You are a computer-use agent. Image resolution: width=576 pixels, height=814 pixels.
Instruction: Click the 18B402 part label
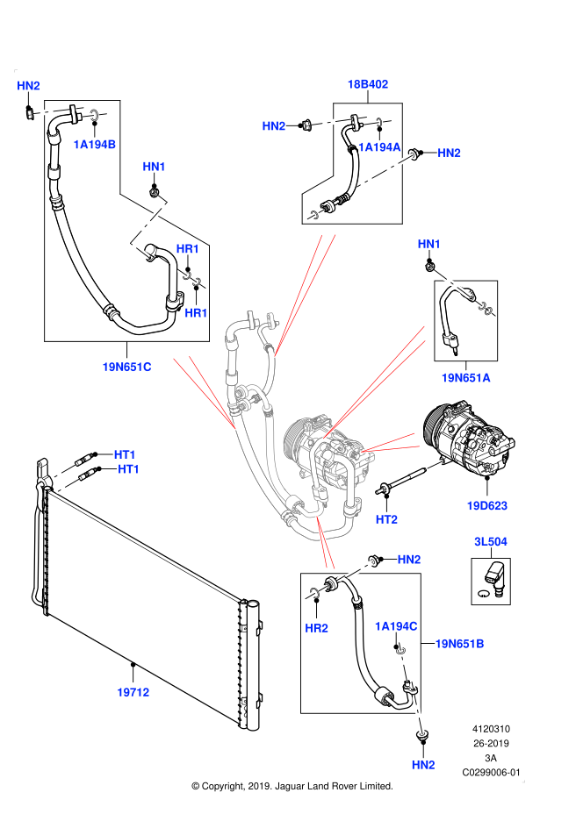[x=367, y=84]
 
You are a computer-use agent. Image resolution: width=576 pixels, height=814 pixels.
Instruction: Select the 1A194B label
[x=95, y=145]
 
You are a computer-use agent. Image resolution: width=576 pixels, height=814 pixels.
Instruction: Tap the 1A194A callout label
[x=379, y=147]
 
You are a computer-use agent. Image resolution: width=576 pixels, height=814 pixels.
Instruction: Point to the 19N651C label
[x=126, y=368]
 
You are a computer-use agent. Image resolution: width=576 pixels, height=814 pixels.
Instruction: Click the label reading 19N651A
[x=465, y=378]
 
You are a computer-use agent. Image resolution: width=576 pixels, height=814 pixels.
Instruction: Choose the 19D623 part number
[x=486, y=506]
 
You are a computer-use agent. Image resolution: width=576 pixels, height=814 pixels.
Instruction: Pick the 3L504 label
[x=490, y=542]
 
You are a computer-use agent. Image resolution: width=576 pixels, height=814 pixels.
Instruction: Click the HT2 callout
[x=386, y=520]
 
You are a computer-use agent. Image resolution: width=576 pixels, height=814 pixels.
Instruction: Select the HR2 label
[x=316, y=628]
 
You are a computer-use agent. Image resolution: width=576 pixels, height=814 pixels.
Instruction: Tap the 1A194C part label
[x=396, y=626]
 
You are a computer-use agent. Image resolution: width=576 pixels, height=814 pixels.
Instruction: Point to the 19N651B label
[x=459, y=644]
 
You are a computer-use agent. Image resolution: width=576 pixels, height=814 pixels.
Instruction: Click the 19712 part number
[x=133, y=693]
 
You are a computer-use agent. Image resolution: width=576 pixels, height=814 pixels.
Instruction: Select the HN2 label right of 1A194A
[x=449, y=154]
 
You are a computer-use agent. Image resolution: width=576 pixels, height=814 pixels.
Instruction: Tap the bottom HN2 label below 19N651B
[x=423, y=765]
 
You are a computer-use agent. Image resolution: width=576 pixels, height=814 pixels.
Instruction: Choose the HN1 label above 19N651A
[x=428, y=244]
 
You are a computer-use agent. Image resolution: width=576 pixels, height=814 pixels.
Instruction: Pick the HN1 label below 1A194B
[x=154, y=167]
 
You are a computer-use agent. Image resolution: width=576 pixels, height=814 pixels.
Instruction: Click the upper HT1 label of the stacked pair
[x=125, y=454]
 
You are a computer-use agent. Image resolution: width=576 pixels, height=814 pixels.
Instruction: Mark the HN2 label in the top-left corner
[x=28, y=86]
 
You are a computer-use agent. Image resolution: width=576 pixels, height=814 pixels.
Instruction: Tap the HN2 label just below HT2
[x=409, y=560]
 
